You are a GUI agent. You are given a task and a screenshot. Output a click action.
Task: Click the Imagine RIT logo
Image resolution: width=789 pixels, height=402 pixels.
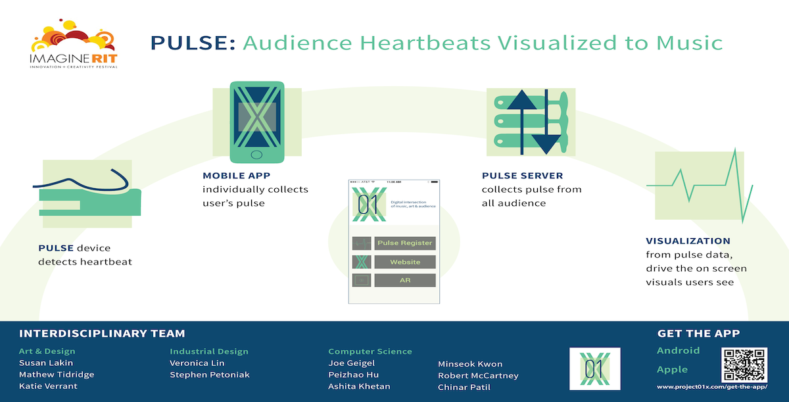tap(74, 43)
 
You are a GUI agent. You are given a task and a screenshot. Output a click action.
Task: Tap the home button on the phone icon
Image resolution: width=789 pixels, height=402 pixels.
tap(256, 155)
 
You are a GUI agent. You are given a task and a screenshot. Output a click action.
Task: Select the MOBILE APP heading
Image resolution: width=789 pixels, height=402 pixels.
tap(236, 176)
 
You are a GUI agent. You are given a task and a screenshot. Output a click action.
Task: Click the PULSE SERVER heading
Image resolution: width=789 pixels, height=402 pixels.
tap(522, 176)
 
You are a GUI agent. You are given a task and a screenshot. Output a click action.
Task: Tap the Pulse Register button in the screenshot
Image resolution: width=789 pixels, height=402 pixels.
tap(405, 243)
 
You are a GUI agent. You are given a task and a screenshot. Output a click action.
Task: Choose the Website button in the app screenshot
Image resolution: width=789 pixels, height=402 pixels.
tap(405, 262)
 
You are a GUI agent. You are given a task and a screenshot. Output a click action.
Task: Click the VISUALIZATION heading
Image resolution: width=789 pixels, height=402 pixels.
tap(688, 241)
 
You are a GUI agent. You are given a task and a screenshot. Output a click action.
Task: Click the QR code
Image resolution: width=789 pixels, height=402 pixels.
tap(744, 364)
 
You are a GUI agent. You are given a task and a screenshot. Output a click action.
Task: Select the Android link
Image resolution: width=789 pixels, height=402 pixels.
tap(678, 351)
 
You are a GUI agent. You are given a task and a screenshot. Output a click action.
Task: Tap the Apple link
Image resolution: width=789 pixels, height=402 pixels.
tap(672, 370)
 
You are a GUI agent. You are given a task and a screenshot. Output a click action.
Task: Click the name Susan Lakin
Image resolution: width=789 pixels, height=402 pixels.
tap(46, 363)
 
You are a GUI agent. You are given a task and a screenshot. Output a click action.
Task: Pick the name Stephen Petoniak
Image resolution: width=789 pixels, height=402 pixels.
tap(210, 374)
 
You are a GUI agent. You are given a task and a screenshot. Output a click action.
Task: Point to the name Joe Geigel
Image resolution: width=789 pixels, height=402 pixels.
tap(351, 363)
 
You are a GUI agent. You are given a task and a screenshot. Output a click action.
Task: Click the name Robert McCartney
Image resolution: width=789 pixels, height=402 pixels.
tap(478, 376)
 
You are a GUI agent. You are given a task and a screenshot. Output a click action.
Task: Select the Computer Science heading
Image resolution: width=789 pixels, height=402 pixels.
tap(370, 351)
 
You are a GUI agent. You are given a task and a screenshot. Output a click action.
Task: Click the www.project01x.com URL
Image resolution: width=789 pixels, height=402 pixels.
tap(712, 387)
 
